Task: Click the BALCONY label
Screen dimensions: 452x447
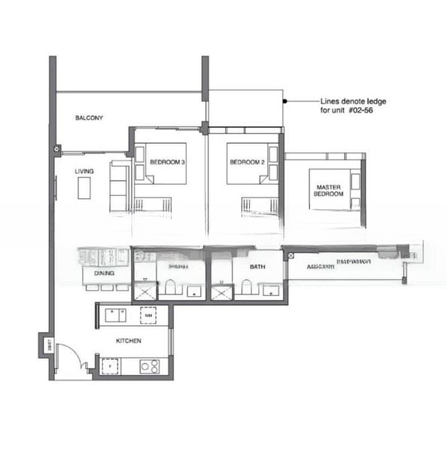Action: [89, 118]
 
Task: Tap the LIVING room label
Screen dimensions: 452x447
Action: [84, 172]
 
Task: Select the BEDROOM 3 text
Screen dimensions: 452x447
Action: [167, 162]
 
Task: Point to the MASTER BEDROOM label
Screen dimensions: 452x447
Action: [329, 191]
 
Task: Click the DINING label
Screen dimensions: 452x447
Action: [104, 273]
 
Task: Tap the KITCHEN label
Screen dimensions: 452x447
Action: [128, 341]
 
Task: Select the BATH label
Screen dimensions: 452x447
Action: [258, 266]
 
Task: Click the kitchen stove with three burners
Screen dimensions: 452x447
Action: [149, 367]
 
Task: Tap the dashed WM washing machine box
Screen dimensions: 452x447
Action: [148, 315]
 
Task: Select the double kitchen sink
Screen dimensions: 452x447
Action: [115, 315]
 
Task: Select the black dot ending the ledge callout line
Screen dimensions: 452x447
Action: [284, 100]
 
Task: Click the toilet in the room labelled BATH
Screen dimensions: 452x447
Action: [246, 286]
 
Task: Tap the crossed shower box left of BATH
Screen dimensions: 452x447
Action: [221, 291]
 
